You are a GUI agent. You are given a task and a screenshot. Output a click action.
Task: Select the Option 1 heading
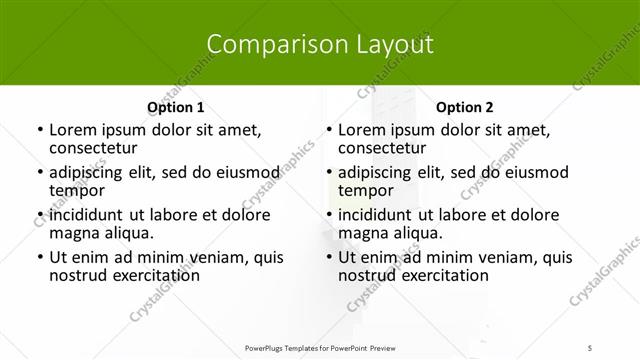tap(175, 108)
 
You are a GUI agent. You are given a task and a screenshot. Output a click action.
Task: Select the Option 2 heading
tap(464, 108)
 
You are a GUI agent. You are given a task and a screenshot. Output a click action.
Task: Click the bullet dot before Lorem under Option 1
tap(39, 130)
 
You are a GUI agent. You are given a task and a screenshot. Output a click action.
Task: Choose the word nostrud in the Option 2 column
tap(369, 275)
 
